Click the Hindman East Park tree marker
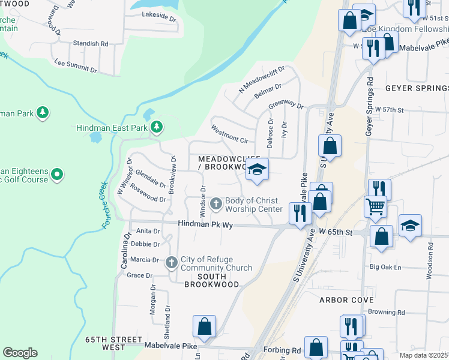point(156,127)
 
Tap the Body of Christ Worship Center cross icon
point(216,205)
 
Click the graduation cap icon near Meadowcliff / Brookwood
point(256,170)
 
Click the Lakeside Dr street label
point(158,19)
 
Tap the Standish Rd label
point(90,44)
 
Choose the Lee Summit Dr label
point(75,62)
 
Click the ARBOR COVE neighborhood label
point(346,299)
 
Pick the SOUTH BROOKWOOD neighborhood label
point(212,280)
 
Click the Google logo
point(20,353)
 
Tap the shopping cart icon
point(375,207)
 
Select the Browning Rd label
point(387,313)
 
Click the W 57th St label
point(390,110)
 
